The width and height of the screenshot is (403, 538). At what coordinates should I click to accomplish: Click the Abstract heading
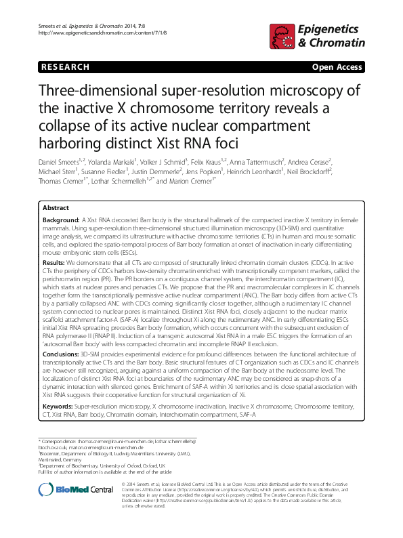click(56, 208)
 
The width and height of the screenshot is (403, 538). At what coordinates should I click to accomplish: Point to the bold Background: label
click(61, 221)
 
